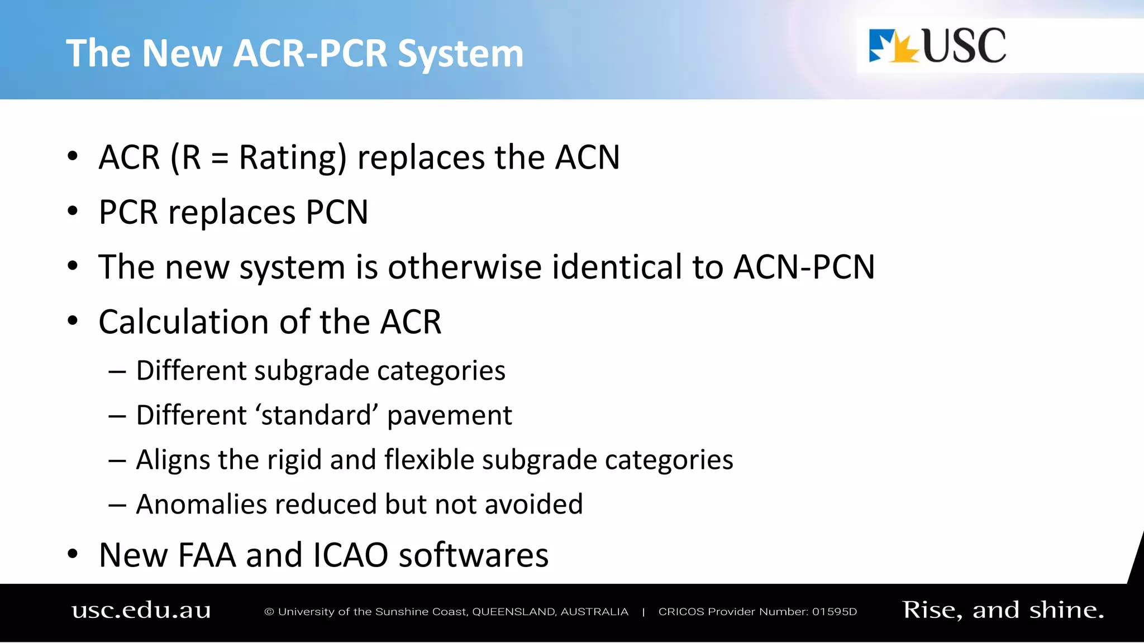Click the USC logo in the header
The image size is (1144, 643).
tap(937, 46)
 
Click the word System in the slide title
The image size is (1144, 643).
tap(460, 54)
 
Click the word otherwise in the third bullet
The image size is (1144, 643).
tap(464, 267)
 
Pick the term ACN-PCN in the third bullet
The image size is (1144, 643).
tap(804, 267)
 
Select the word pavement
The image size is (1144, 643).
tap(449, 416)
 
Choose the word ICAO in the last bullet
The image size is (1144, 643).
tap(350, 555)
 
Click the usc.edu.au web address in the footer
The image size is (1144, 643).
tap(141, 610)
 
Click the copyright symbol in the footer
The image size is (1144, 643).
tap(269, 612)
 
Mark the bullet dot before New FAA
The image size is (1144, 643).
tap(73, 554)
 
